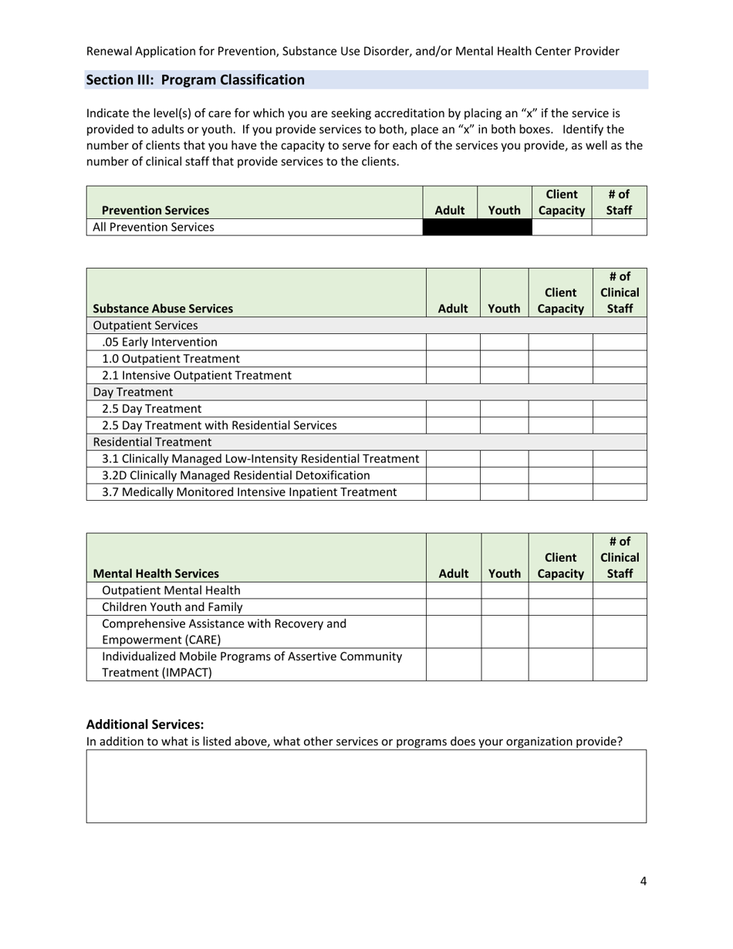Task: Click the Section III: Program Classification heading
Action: [x=195, y=80]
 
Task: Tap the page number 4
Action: [x=643, y=883]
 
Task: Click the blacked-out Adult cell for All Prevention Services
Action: [x=450, y=227]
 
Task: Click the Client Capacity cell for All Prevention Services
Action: [x=561, y=227]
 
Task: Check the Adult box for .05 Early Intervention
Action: [x=453, y=342]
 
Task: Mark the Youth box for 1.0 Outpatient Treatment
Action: [x=504, y=359]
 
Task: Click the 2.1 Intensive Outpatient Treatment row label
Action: [x=197, y=375]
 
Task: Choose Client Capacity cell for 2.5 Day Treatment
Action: [x=560, y=409]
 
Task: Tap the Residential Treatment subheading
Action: [x=152, y=442]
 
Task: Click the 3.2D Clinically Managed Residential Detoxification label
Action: [x=236, y=475]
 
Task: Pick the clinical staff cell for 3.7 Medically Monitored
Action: [x=620, y=492]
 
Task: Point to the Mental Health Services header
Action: [x=156, y=573]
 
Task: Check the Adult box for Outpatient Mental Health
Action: [x=454, y=590]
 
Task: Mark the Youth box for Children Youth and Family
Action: [x=505, y=607]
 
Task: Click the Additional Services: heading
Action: [x=145, y=724]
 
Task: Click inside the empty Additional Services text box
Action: [x=366, y=785]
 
